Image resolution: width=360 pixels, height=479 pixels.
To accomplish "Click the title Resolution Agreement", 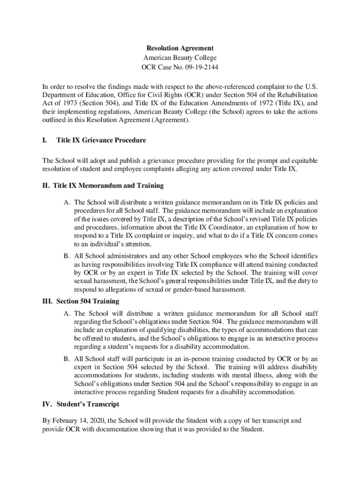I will pyautogui.click(x=180, y=48).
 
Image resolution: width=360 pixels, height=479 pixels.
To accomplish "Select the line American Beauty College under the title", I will pyautogui.click(x=180, y=58).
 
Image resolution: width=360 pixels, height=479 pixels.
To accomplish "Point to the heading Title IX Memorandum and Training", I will pyautogui.click(x=108, y=186).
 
